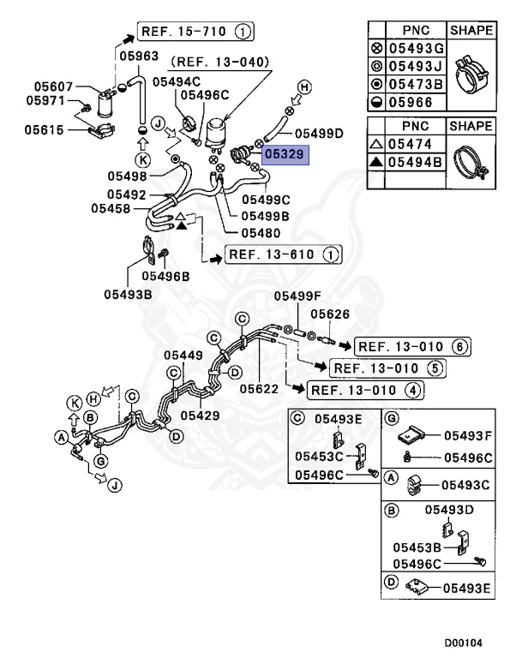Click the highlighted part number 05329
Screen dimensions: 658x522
(x=285, y=155)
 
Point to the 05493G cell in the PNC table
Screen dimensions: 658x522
(x=416, y=49)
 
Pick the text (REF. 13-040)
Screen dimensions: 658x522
(x=219, y=62)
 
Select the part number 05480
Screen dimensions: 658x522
(x=261, y=232)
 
